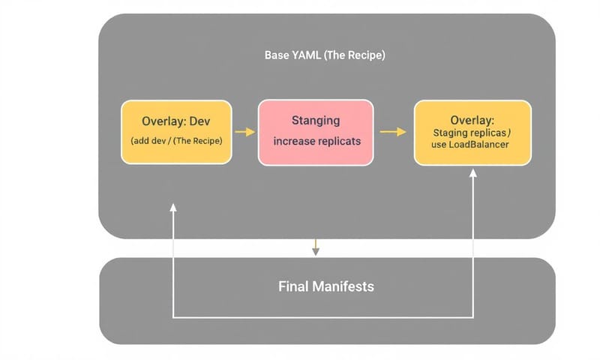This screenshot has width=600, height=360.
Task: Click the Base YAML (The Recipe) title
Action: click(325, 55)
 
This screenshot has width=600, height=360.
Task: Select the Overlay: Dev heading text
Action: click(176, 121)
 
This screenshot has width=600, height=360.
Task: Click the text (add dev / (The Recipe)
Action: click(176, 139)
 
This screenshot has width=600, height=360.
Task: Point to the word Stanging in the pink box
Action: click(315, 120)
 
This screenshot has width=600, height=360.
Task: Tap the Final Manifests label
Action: click(325, 286)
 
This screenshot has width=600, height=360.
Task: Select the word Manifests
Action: click(344, 286)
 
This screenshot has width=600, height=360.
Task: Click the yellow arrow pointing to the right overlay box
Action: click(393, 132)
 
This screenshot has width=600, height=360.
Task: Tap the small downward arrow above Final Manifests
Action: click(316, 248)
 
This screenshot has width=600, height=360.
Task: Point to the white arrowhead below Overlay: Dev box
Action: click(173, 208)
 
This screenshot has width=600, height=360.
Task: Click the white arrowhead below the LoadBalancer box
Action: click(473, 174)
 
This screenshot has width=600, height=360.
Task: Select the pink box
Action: click(315, 132)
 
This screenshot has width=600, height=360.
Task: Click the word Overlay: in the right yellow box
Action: click(472, 120)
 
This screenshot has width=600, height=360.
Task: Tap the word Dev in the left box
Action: click(200, 121)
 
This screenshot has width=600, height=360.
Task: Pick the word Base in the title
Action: click(277, 55)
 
